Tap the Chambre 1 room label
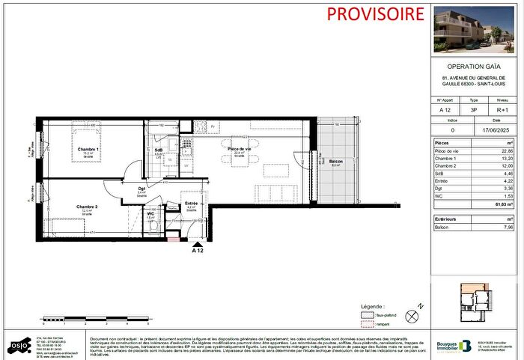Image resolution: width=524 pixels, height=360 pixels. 88,150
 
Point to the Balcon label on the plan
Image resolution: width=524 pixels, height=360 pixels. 337,162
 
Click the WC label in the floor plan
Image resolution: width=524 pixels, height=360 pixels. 150,213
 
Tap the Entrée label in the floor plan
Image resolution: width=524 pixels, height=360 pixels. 191,203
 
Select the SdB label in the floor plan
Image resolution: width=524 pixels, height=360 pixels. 159,150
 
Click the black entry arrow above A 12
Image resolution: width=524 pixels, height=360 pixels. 198,242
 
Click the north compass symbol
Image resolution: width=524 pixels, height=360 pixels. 409,316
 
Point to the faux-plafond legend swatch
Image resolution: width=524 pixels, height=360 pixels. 367,317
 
